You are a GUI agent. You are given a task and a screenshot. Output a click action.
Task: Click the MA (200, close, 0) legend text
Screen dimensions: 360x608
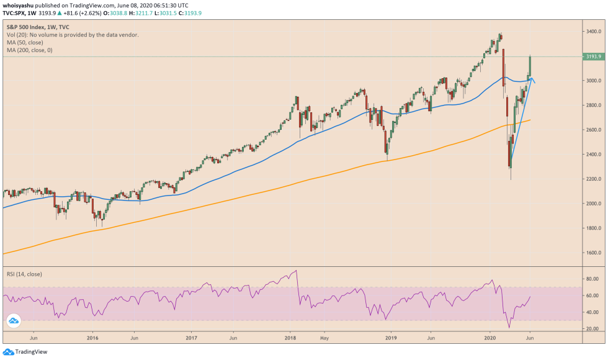[39, 50]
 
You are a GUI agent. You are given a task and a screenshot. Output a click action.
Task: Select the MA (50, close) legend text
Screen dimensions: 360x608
[28, 43]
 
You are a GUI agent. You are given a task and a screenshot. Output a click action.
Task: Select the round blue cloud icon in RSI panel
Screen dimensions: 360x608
[14, 321]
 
